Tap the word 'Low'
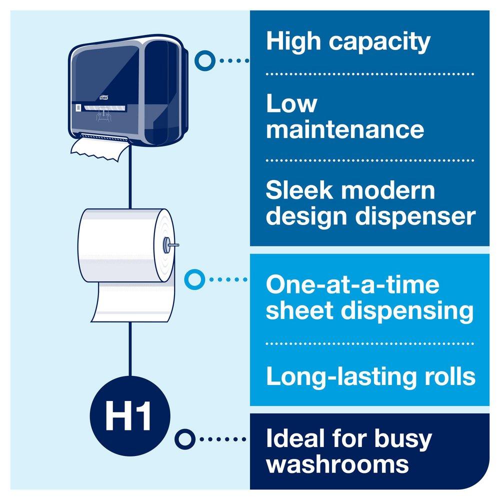pos(291,103)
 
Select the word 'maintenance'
pos(345,129)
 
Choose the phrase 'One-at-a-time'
pos(352,285)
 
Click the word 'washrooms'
pos(337,464)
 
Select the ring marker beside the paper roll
pos(193,278)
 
